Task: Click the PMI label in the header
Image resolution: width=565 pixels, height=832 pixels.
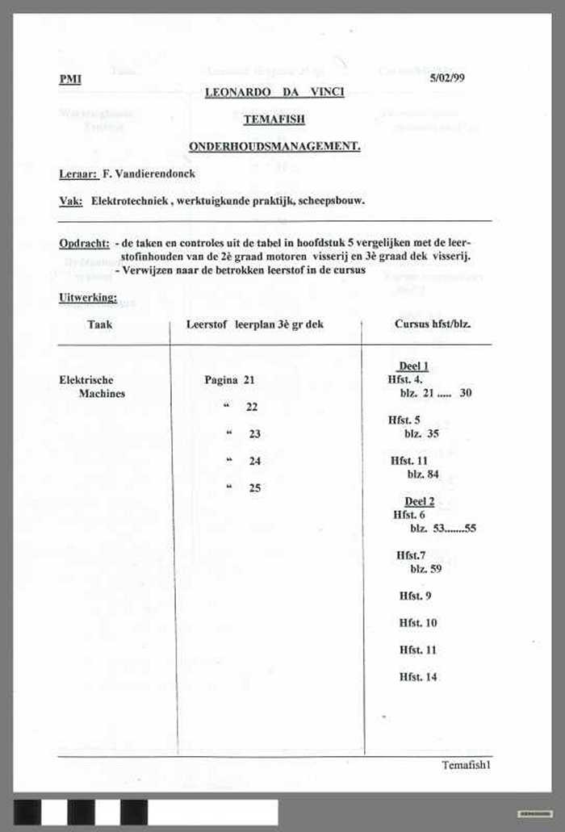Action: (x=70, y=79)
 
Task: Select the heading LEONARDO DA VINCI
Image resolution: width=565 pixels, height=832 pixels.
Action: (x=274, y=92)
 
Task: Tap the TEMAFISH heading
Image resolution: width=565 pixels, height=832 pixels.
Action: (x=274, y=119)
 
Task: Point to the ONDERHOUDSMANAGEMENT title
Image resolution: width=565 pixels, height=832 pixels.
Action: (x=274, y=146)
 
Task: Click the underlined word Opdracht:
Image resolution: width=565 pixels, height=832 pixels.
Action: (x=84, y=243)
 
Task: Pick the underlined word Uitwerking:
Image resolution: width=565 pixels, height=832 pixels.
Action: (x=87, y=298)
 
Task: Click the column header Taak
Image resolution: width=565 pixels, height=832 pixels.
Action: (x=100, y=324)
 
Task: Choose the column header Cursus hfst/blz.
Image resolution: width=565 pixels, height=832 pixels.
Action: (x=433, y=324)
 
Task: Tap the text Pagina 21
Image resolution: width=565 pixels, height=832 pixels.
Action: (x=229, y=380)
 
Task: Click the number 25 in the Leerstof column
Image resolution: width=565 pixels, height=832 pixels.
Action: (x=255, y=488)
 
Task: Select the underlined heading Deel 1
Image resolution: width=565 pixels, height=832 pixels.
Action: (x=413, y=366)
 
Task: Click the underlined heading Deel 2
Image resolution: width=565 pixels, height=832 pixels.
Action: (x=419, y=501)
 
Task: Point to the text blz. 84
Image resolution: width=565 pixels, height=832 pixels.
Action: (x=423, y=475)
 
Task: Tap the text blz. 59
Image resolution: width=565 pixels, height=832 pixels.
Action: (x=425, y=569)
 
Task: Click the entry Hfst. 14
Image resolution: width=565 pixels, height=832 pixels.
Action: (x=418, y=677)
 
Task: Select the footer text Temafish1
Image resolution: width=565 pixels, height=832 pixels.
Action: (x=466, y=765)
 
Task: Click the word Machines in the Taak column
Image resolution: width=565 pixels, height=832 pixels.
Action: (x=102, y=394)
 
